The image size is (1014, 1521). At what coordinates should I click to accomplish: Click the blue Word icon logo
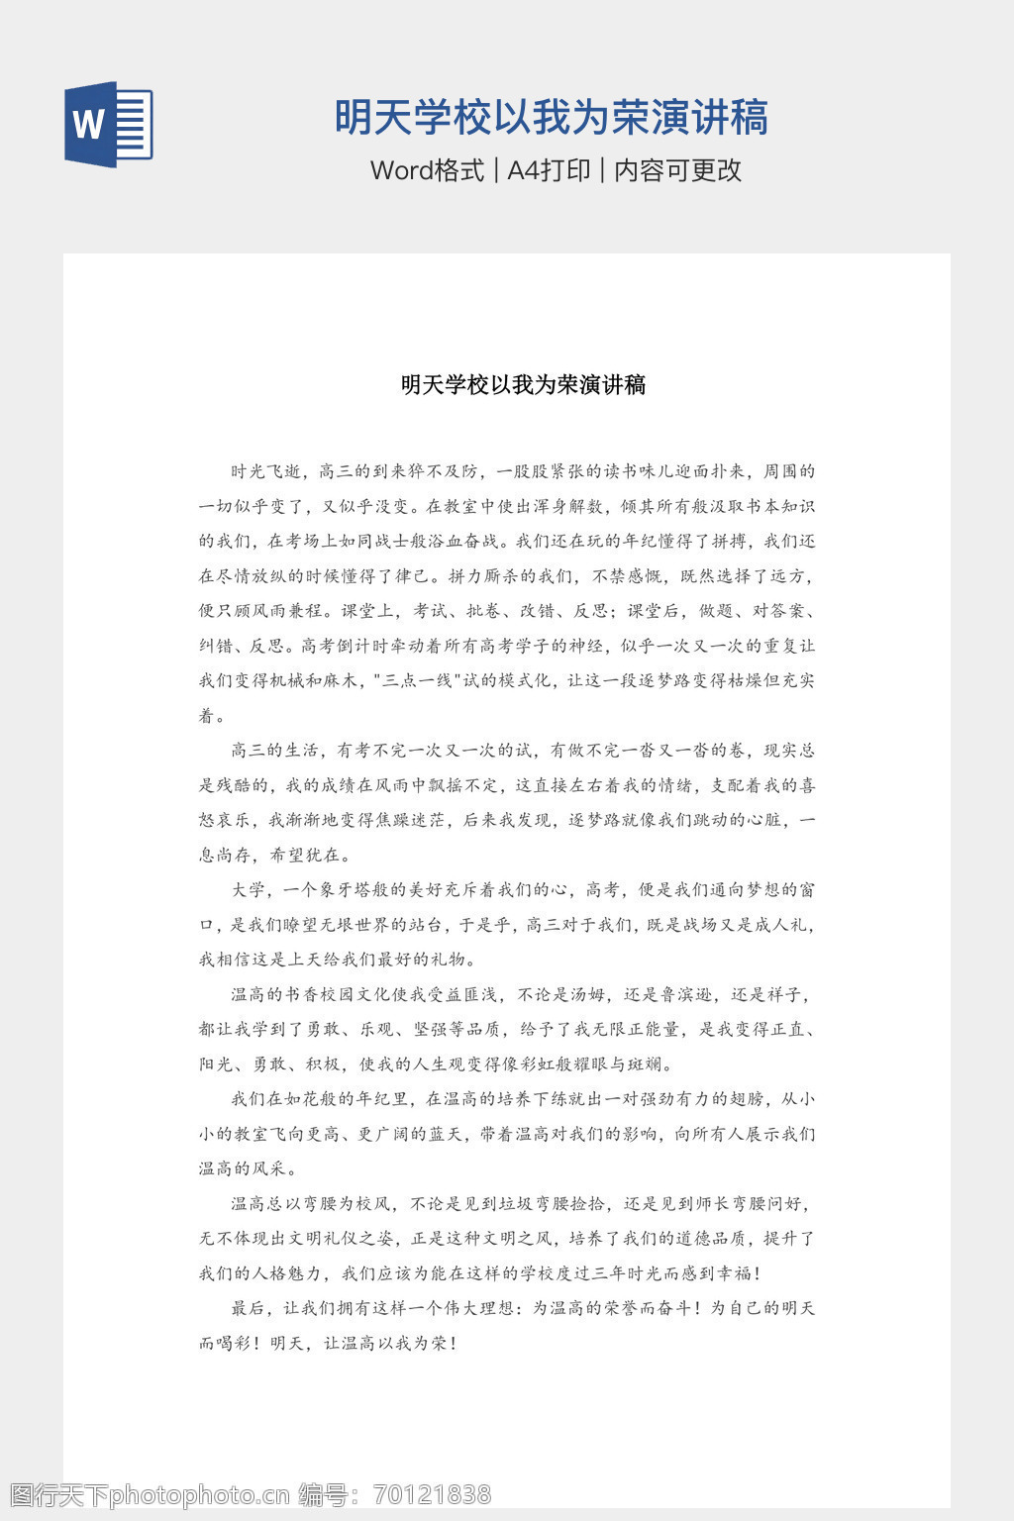click(108, 125)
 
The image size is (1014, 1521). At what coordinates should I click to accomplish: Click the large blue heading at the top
click(551, 118)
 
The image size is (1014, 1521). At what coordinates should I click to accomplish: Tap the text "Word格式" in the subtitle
click(427, 170)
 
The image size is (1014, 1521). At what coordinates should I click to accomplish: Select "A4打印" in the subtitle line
click(549, 170)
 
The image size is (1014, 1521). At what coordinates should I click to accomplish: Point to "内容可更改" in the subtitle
click(678, 170)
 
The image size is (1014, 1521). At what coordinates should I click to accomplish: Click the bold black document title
click(523, 384)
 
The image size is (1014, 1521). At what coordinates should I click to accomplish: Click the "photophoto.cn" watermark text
click(198, 1494)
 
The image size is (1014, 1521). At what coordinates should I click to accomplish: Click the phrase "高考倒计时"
click(346, 646)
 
